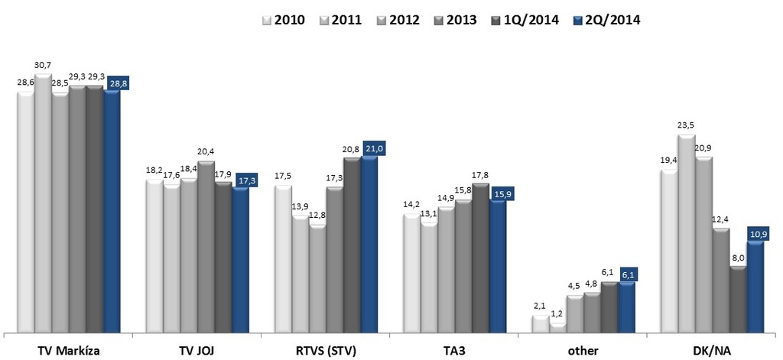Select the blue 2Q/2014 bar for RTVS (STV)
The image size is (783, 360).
[369, 245]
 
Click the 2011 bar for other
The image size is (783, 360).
[557, 328]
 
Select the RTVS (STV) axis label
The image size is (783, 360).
[326, 351]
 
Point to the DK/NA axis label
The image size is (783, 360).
[712, 351]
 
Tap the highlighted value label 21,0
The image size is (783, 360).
[372, 148]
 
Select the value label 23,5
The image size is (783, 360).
[686, 126]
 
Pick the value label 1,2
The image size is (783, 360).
[557, 313]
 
